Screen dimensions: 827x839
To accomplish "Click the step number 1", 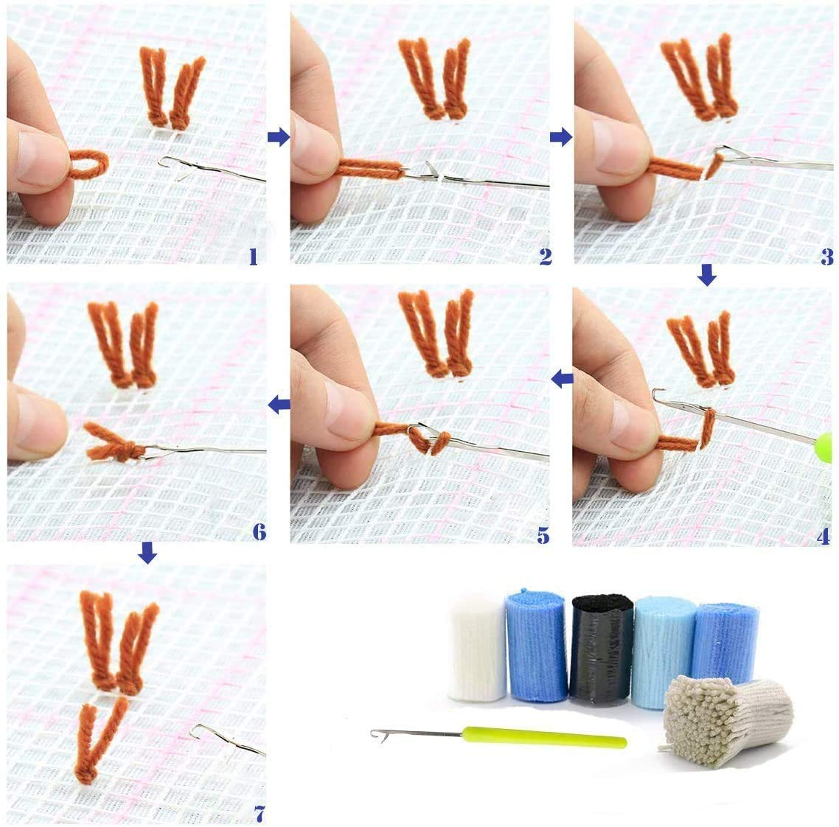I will click(x=253, y=256).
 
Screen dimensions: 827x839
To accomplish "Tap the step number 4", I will click(x=823, y=536).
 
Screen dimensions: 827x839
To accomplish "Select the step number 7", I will click(x=258, y=814).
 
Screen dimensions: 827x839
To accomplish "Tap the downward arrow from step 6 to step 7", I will click(x=148, y=551).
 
